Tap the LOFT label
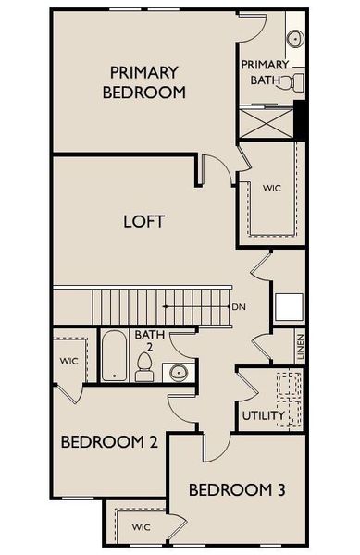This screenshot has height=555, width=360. [x=143, y=222]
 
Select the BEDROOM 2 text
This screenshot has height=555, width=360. [x=108, y=442]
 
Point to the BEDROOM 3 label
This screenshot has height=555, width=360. [x=236, y=489]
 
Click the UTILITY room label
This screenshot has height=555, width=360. [x=264, y=416]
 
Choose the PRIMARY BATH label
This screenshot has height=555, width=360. [x=266, y=72]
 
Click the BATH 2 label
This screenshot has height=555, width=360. [x=149, y=342]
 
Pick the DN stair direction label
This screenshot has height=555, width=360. [x=239, y=307]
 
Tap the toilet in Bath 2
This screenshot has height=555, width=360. [x=144, y=366]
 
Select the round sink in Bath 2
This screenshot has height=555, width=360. [x=178, y=373]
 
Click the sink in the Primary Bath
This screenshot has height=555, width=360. [x=294, y=39]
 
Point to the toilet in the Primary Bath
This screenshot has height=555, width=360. [x=294, y=82]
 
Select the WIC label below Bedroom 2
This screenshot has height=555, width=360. [x=140, y=527]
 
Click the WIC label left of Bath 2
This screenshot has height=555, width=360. [x=69, y=360]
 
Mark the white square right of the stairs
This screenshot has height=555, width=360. [x=288, y=306]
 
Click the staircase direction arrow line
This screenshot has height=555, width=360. [x=194, y=306]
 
